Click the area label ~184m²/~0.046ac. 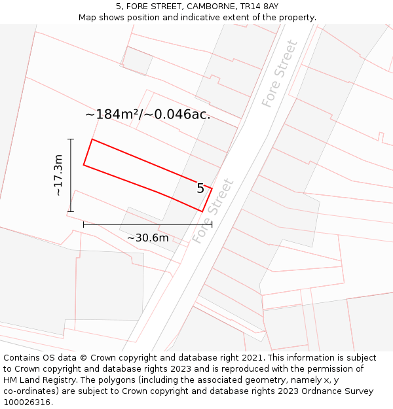tap(147, 115)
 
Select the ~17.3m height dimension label tap(58, 175)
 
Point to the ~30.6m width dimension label tap(147, 238)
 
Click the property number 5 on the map tap(200, 188)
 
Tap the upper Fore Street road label tap(280, 74)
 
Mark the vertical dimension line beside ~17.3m tap(71, 175)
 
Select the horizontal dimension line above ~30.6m tap(147, 224)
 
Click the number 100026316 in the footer tap(27, 402)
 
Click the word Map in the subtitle tap(88, 18)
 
